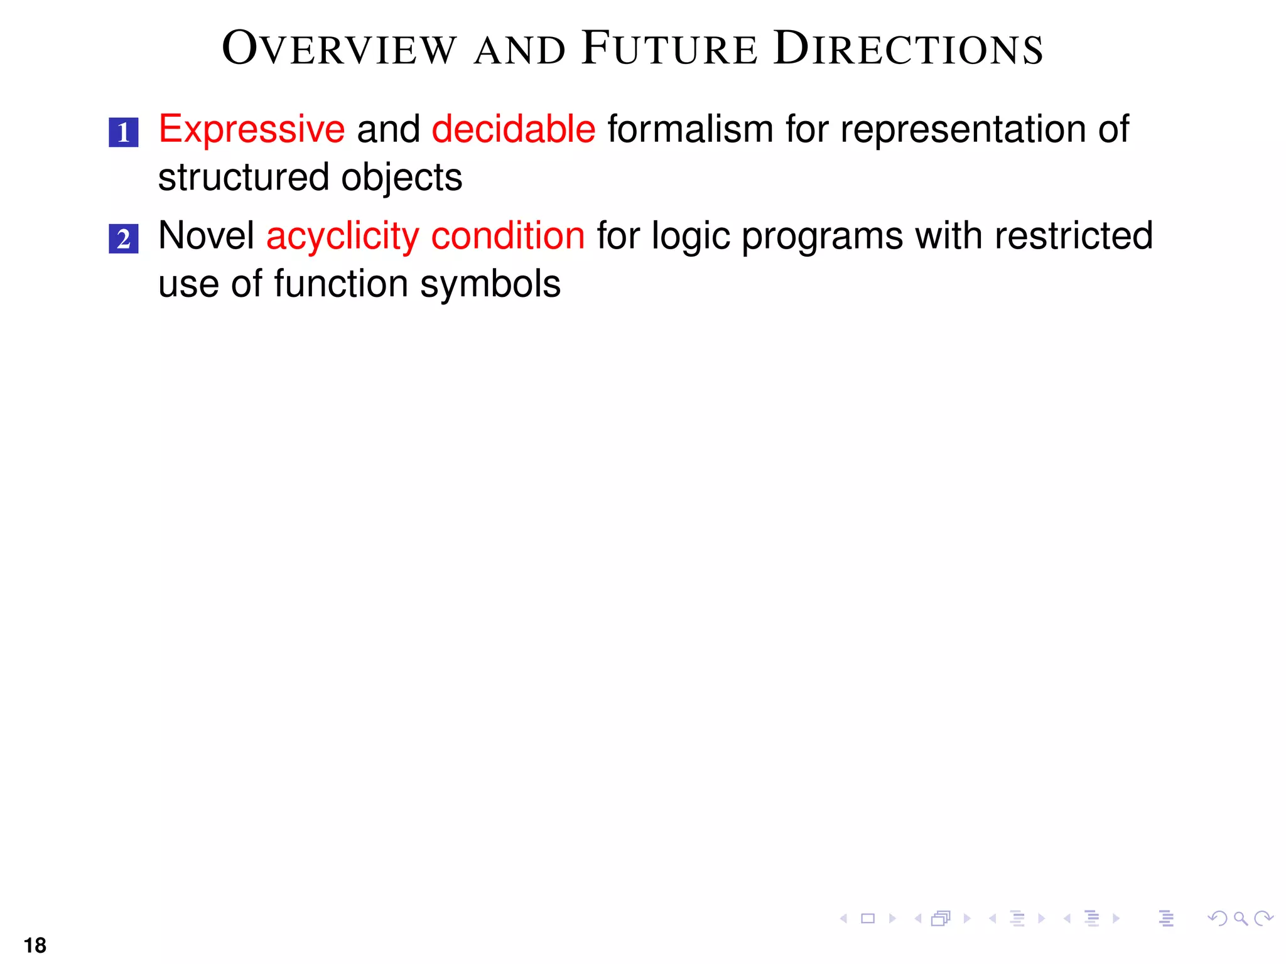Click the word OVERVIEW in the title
[x=339, y=49]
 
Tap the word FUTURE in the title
[x=669, y=49]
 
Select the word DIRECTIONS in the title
[x=908, y=49]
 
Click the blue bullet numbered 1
[x=124, y=132]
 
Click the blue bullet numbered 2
[x=124, y=239]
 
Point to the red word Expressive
[x=251, y=129]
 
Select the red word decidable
[x=513, y=129]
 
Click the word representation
[x=963, y=129]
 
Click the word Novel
[x=206, y=236]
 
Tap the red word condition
[x=507, y=236]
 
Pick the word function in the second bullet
[x=341, y=284]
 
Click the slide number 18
[x=35, y=945]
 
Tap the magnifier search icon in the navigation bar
[x=1240, y=919]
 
